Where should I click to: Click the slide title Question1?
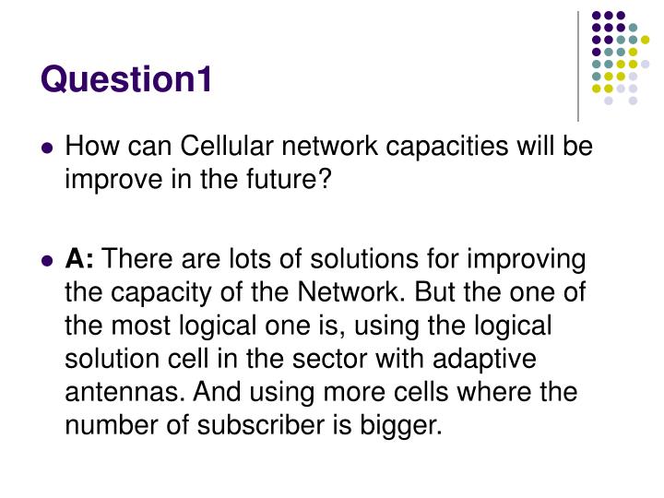pyautogui.click(x=126, y=80)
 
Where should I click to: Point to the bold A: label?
pyautogui.click(x=81, y=259)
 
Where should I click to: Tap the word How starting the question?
pyautogui.click(x=89, y=147)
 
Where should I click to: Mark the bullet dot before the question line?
pyautogui.click(x=48, y=148)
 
